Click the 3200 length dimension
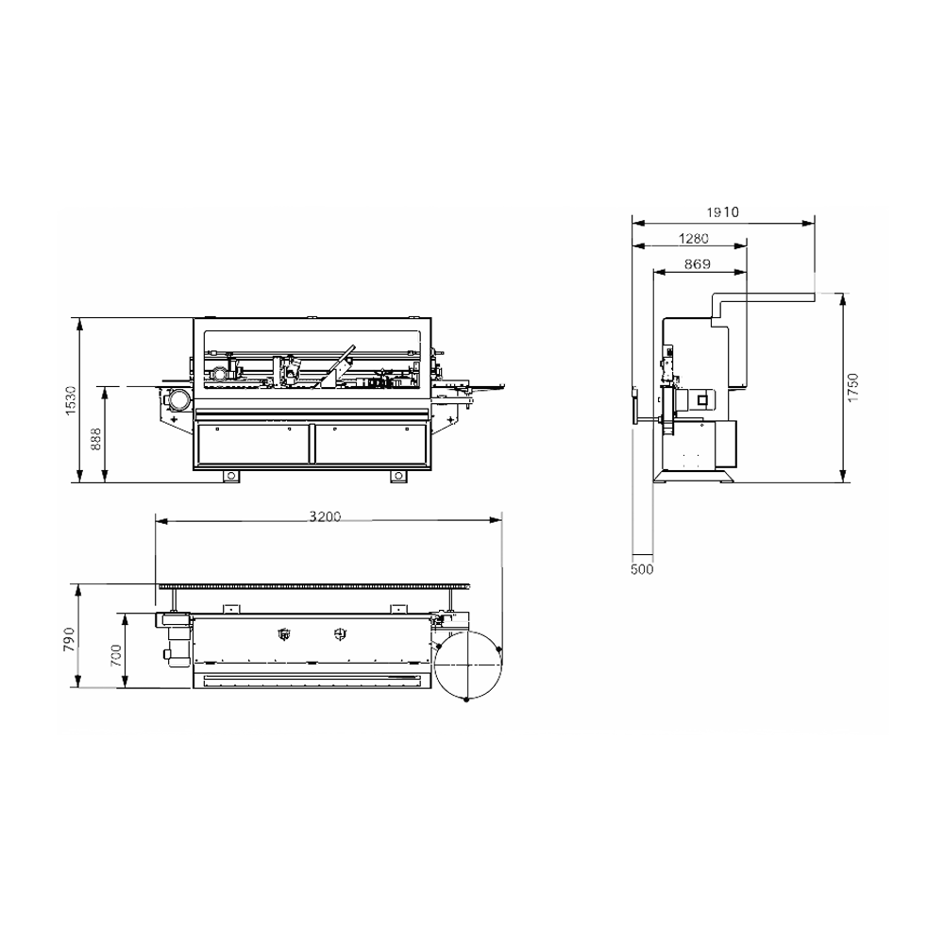(325, 516)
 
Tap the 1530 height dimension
(71, 400)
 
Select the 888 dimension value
(95, 440)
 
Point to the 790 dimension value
(69, 639)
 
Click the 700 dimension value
(115, 655)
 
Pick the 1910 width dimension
(722, 211)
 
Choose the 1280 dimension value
(694, 239)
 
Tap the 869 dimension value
(698, 264)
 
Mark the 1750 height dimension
(852, 388)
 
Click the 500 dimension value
(642, 569)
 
